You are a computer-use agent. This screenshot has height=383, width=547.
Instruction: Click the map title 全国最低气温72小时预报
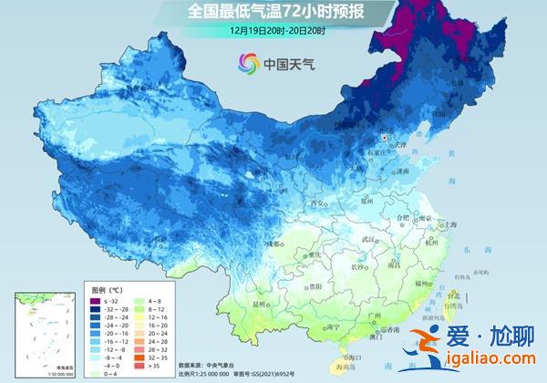tap(273, 12)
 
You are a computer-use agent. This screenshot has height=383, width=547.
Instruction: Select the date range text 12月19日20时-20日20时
tap(273, 29)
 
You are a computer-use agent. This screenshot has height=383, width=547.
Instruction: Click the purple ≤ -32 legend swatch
tap(95, 299)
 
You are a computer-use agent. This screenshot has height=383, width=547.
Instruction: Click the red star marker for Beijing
tap(384, 138)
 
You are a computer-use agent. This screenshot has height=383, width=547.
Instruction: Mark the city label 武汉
tap(369, 239)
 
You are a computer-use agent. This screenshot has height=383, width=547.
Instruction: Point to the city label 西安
tap(318, 203)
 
